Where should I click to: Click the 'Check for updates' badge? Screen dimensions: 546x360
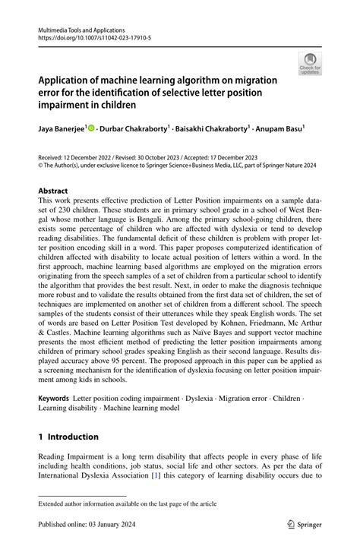[311, 65]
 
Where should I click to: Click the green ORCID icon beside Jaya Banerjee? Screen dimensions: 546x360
[92, 129]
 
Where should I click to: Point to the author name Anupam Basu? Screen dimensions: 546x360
[280, 129]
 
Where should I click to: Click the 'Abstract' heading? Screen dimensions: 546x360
[52, 191]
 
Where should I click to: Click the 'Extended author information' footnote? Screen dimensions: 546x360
[122, 503]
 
